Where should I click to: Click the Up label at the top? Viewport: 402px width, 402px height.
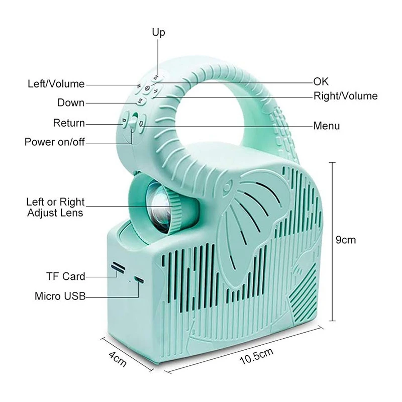[x=158, y=33]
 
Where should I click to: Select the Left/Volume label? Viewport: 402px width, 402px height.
[x=56, y=84]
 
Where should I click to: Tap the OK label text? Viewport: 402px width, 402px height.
[x=321, y=81]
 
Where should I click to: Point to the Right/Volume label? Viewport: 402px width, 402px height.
[x=346, y=96]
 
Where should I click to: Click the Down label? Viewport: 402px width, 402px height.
[x=71, y=103]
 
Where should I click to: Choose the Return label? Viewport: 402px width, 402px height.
[x=69, y=123]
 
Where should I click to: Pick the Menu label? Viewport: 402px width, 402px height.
[x=327, y=126]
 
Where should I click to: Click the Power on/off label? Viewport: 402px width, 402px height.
[x=55, y=142]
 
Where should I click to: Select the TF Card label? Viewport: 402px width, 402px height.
[x=66, y=276]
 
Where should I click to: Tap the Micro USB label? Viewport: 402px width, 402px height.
[x=60, y=296]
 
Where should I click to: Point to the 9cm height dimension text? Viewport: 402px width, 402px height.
[x=346, y=240]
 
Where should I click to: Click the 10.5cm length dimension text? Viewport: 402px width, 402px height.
[x=257, y=356]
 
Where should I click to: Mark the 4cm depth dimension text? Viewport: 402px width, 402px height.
[x=118, y=359]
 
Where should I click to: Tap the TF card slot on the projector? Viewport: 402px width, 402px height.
[x=118, y=267]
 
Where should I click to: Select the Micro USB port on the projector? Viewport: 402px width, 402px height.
[x=139, y=279]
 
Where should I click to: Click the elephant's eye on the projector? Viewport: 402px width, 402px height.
[x=228, y=185]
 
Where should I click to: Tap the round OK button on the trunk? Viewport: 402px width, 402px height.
[x=147, y=88]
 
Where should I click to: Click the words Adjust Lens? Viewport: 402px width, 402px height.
[x=55, y=213]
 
